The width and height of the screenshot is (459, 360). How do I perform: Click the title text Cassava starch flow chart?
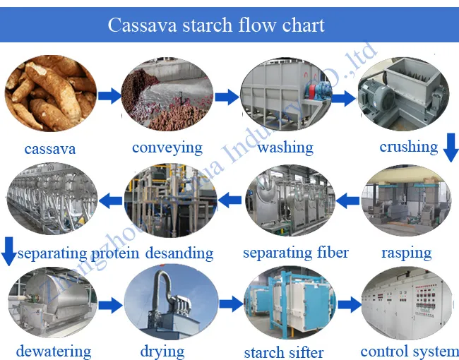pyautogui.click(x=216, y=25)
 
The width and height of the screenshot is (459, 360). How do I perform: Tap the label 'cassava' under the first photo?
pyautogui.click(x=49, y=149)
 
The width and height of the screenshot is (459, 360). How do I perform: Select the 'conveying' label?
pyautogui.click(x=167, y=148)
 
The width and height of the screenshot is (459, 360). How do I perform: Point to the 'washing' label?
pyautogui.click(x=285, y=148)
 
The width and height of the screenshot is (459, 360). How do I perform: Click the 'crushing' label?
pyautogui.click(x=408, y=147)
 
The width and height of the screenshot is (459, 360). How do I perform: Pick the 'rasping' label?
pyautogui.click(x=406, y=252)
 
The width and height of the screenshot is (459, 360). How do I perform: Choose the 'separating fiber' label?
pyautogui.click(x=296, y=252)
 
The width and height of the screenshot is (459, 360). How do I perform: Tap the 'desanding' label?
pyautogui.click(x=179, y=253)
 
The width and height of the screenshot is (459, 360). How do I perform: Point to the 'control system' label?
pyautogui.click(x=409, y=351)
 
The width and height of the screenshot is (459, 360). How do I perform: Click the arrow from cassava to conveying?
pyautogui.click(x=109, y=96)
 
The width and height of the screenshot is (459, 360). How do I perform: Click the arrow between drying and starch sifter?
pyautogui.click(x=230, y=305)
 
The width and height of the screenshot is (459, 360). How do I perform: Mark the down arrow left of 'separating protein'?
pyautogui.click(x=8, y=252)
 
